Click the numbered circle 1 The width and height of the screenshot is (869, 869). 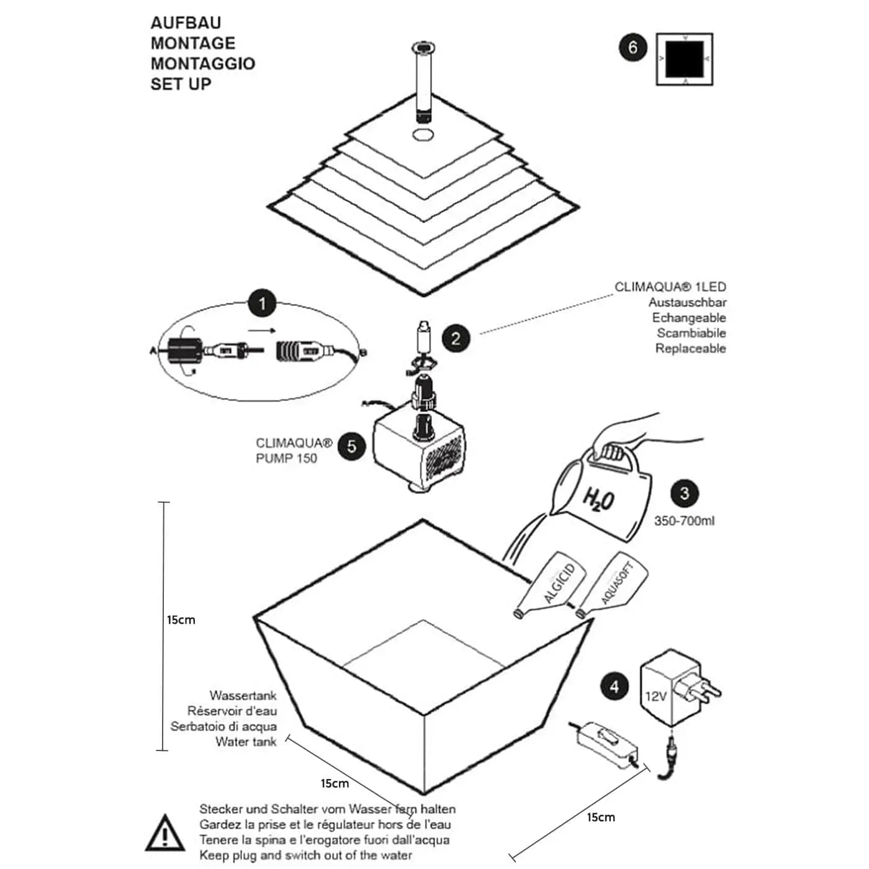(262, 304)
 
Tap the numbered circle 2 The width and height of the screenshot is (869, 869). (456, 338)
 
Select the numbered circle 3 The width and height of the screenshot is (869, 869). (684, 493)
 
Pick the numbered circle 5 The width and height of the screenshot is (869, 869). (352, 446)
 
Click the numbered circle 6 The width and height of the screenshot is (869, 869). (633, 48)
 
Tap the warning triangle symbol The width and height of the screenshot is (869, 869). (164, 834)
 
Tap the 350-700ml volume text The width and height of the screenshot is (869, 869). (684, 521)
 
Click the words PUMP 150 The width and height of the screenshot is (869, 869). (286, 459)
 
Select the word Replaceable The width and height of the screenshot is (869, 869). (690, 348)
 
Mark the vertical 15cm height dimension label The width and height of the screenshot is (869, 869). (181, 619)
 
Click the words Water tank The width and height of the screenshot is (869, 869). (246, 742)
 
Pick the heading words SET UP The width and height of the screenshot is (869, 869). (181, 84)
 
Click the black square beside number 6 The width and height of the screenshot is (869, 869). (685, 59)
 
